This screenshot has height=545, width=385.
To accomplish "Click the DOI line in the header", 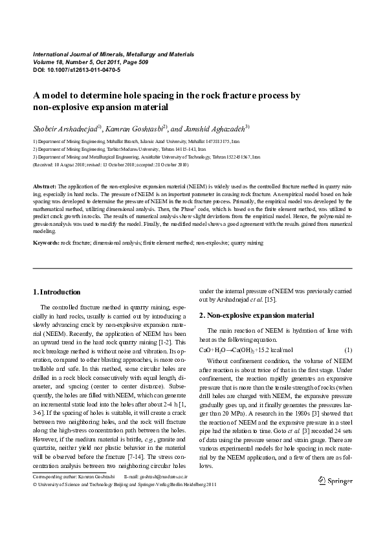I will (x=67, y=69).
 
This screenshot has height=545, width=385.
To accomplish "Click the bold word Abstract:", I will (x=45, y=186).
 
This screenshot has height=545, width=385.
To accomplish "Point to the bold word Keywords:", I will (x=46, y=243).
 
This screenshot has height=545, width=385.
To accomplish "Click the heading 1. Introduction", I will (x=57, y=292).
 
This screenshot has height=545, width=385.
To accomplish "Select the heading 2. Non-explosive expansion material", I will (x=256, y=315).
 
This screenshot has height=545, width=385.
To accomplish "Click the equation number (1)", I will (x=347, y=350).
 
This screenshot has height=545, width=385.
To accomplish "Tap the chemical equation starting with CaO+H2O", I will (x=241, y=350).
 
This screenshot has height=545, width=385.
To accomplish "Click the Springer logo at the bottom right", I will (x=335, y=481).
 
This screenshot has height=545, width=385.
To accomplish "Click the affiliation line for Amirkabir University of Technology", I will (x=137, y=156).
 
